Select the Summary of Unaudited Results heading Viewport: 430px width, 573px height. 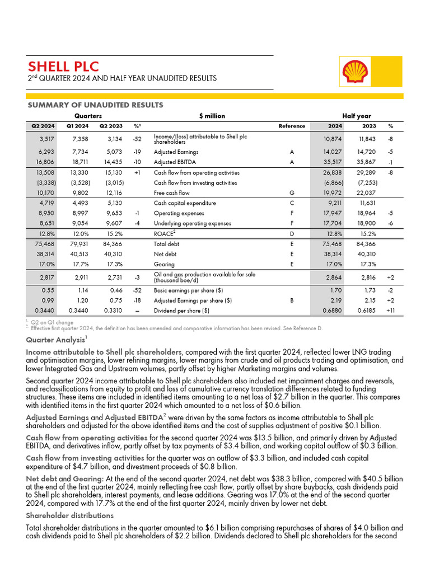pyautogui.click(x=95, y=105)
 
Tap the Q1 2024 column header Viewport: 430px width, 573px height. pyautogui.click(x=77, y=126)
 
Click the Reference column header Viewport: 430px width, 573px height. pyautogui.click(x=292, y=126)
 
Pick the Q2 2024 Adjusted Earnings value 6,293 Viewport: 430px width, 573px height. pyautogui.click(x=44, y=152)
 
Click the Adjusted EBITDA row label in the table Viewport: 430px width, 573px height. pyautogui.click(x=176, y=162)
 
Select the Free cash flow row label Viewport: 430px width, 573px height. pyautogui.click(x=171, y=193)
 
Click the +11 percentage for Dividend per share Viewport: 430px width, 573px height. pyautogui.click(x=390, y=310)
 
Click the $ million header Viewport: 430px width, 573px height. pyautogui.click(x=212, y=116)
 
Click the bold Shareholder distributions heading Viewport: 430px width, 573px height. pyautogui.click(x=70, y=515)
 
